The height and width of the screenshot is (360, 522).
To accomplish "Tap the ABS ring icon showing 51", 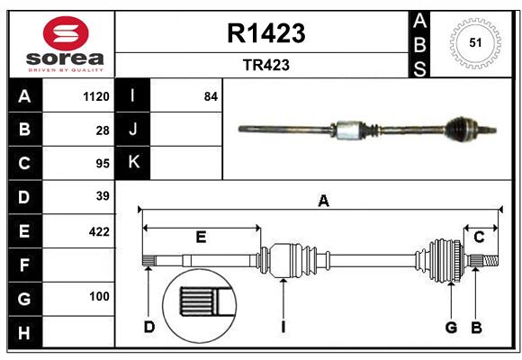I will click(473, 41).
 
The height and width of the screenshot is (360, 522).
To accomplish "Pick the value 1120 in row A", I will click(95, 96).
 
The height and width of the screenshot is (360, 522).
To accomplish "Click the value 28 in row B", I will click(102, 130).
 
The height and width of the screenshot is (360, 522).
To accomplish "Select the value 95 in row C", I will click(102, 164).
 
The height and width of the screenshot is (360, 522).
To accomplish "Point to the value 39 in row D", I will click(102, 196).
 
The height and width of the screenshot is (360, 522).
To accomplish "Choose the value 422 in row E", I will click(99, 231).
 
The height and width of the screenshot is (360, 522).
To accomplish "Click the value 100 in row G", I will click(99, 296).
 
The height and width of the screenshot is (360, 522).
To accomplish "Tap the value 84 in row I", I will click(211, 96).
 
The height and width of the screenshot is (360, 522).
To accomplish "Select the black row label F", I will click(24, 265).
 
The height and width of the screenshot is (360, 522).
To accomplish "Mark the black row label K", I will click(133, 162).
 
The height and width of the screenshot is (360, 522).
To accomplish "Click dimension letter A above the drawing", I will click(322, 202).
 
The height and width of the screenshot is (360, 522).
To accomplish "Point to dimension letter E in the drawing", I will click(201, 238).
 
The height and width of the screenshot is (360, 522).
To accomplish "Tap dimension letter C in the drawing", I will click(480, 238).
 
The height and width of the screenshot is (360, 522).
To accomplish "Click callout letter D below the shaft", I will click(149, 326).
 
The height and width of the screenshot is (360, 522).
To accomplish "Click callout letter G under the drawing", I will click(452, 326).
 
